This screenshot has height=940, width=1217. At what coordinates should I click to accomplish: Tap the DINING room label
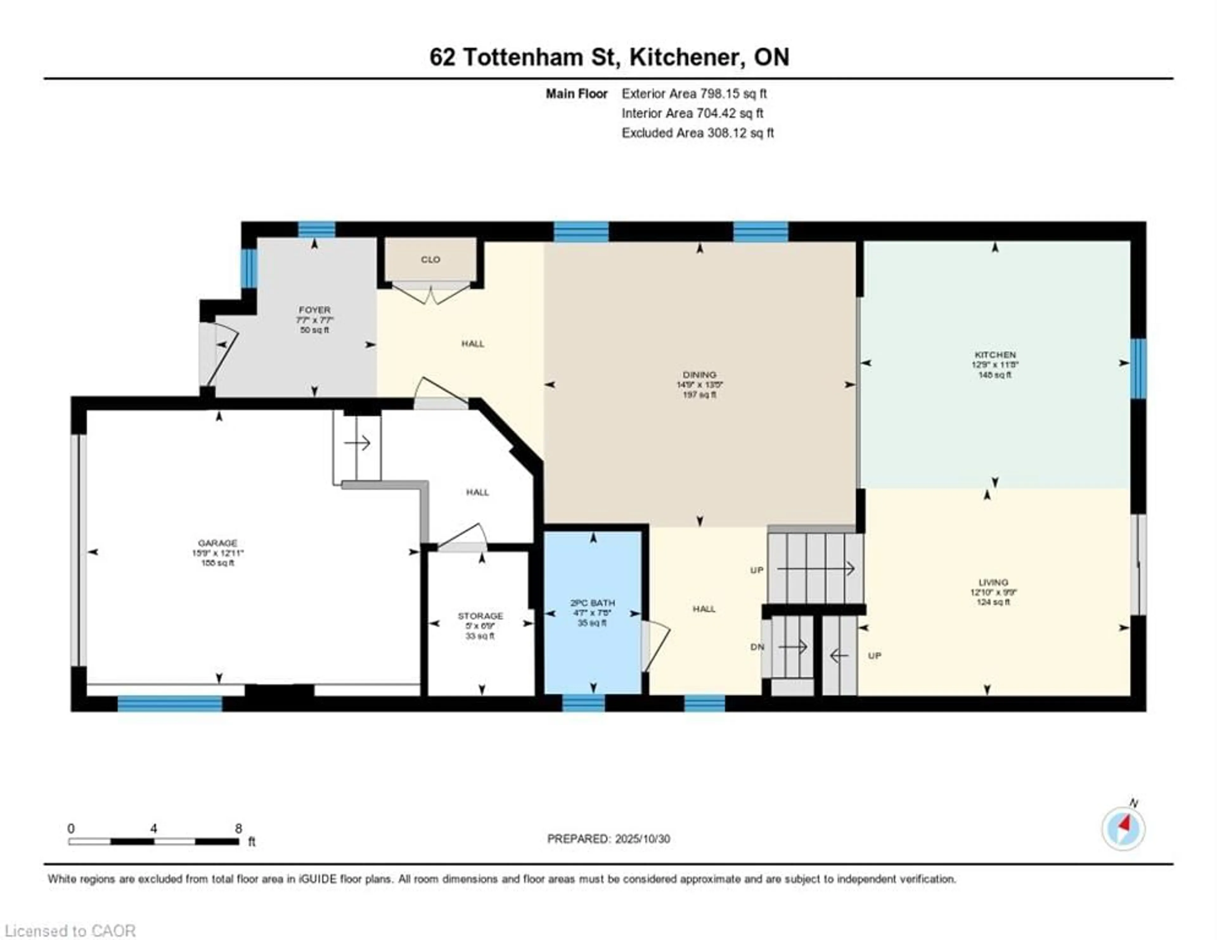tap(699, 374)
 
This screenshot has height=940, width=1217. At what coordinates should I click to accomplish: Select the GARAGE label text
tap(217, 543)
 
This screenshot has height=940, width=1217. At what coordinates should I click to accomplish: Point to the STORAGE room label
tap(480, 616)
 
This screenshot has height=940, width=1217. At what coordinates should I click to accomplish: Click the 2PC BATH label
tap(592, 602)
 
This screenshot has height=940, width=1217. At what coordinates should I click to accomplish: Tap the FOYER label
tap(314, 310)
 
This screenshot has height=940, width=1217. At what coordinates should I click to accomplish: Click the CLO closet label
tap(430, 260)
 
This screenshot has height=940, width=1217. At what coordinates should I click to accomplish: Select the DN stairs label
tap(757, 647)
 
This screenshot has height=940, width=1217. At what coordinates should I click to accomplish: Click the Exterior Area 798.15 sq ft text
tap(694, 93)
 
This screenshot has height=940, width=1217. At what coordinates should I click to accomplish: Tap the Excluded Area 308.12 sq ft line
tap(697, 133)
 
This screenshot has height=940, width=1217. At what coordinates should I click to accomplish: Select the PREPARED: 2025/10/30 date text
tap(608, 839)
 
